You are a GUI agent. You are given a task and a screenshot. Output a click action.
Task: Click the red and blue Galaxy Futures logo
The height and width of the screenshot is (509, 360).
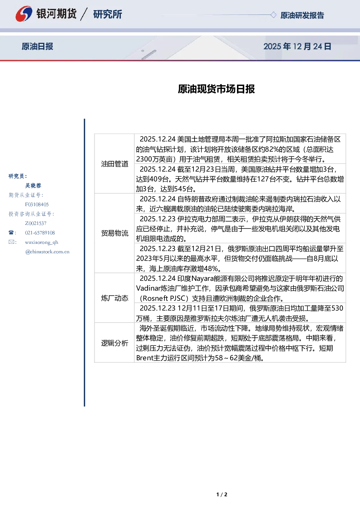pos(24,14)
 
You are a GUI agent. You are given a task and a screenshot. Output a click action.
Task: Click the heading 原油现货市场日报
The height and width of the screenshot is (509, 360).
pos(216,89)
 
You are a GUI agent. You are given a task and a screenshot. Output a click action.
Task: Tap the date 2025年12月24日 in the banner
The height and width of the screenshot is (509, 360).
pos(297,46)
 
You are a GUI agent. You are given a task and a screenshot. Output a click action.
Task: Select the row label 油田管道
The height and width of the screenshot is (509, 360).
pos(115,164)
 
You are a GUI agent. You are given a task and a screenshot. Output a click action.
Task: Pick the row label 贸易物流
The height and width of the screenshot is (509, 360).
pos(115,233)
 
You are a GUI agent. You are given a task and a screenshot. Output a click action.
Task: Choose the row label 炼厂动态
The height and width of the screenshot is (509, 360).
pos(115,298)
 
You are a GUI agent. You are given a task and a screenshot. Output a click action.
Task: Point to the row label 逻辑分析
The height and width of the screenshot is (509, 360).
pos(115,343)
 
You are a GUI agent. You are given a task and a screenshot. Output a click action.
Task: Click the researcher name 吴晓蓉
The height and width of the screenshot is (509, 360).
pos(33,186)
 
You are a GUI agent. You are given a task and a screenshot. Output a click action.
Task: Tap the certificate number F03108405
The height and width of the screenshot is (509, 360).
pos(37,205)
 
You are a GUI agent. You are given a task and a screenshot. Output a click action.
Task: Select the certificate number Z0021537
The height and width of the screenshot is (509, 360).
pos(36,223)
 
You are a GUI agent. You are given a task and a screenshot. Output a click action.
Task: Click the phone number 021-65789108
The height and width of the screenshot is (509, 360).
pos(40,233)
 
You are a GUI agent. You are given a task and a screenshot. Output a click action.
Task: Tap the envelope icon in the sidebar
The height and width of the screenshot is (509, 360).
pos(11,242)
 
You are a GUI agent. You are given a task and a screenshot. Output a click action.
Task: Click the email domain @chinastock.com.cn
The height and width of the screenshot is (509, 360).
pos(47,252)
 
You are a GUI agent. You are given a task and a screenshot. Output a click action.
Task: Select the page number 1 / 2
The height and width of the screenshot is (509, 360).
pos(222,494)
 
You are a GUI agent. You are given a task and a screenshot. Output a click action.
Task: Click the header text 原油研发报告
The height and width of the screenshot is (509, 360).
pos(302,16)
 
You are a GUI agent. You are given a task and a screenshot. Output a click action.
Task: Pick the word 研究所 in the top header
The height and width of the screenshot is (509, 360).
pos(107,14)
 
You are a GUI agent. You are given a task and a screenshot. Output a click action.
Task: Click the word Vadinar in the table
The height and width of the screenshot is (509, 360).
pos(148,288)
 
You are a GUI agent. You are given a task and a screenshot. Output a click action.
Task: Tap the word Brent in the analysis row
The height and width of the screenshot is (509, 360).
pos(145,358)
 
